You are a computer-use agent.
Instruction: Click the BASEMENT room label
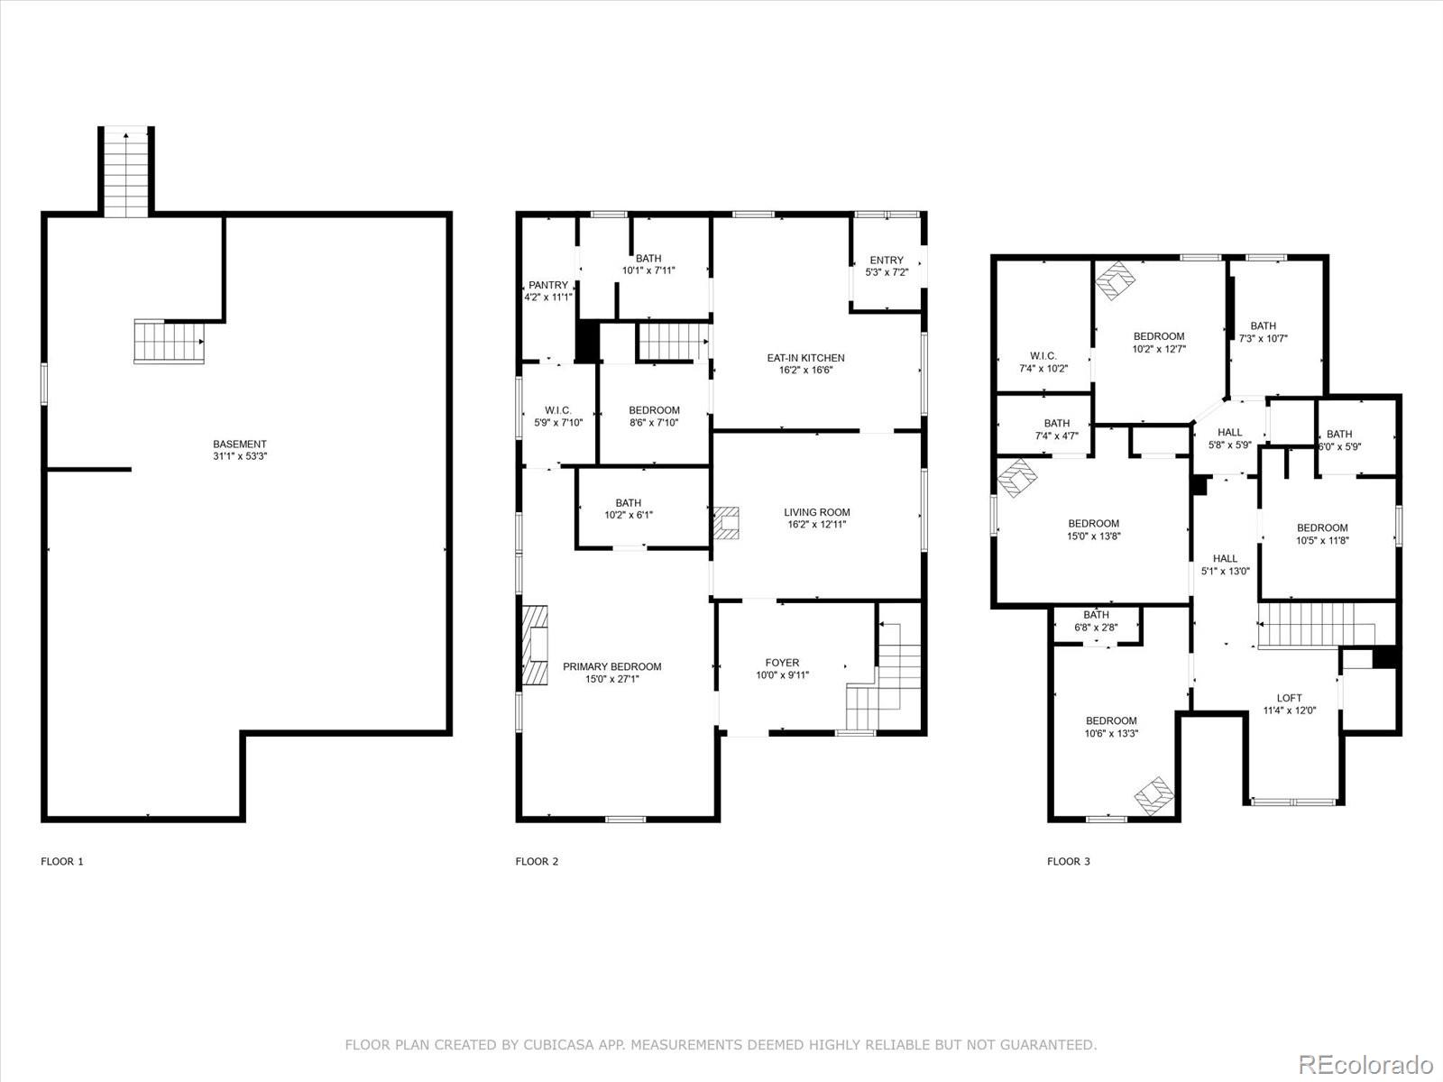click(x=239, y=444)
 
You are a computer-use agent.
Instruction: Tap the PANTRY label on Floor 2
click(x=548, y=285)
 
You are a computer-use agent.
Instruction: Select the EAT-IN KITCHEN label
click(x=805, y=358)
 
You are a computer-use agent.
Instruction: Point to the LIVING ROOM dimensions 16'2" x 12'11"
click(x=816, y=524)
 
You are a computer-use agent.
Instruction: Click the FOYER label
click(x=782, y=663)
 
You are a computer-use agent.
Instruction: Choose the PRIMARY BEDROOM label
click(x=611, y=667)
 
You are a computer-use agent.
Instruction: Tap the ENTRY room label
click(x=886, y=261)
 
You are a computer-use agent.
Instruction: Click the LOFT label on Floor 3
click(x=1289, y=698)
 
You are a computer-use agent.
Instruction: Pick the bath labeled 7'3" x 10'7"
click(x=1263, y=333)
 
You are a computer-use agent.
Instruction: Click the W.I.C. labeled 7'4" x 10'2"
click(x=1043, y=362)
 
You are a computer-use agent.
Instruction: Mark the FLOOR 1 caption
click(x=62, y=861)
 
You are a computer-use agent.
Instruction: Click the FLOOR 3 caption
click(x=1068, y=861)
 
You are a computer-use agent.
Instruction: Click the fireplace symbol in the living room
click(x=727, y=523)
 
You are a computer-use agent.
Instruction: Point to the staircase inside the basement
click(x=169, y=342)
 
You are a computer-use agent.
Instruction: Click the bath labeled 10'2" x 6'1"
click(x=628, y=509)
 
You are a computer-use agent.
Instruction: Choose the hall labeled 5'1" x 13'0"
click(x=1225, y=564)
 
